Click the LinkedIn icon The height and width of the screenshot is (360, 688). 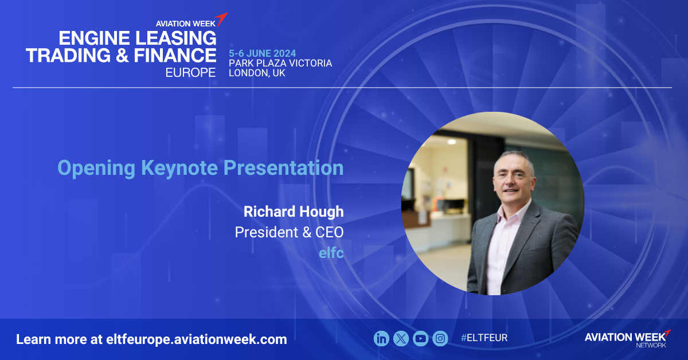[x=381, y=338]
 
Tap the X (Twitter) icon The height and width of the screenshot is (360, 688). [x=401, y=338]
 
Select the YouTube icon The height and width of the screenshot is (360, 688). [x=420, y=338]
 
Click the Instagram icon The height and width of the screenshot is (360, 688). [x=440, y=338]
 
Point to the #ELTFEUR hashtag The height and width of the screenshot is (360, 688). [x=484, y=338]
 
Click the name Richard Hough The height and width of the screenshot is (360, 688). [x=294, y=212]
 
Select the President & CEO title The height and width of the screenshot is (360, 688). [x=290, y=232]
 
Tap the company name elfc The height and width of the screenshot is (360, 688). [x=331, y=253]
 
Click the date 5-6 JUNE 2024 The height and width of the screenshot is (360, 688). [x=263, y=53]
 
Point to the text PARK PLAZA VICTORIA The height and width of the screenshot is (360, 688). [x=280, y=63]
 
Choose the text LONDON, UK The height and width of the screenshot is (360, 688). [x=257, y=73]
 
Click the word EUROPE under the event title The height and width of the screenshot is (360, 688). [x=190, y=72]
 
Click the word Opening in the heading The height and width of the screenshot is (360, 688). [x=96, y=169]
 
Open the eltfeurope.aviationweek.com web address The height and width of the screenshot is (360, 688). [x=197, y=339]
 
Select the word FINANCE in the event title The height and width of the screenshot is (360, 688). [x=175, y=55]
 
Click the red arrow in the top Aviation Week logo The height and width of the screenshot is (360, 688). [x=221, y=19]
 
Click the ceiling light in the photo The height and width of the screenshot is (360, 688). [x=452, y=142]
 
